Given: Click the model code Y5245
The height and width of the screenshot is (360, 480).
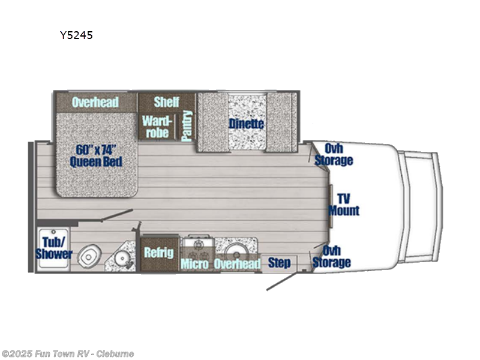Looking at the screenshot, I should click(76, 35).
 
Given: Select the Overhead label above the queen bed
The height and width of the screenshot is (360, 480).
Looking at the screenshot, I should click(95, 102).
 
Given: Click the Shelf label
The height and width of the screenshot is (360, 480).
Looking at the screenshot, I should click(166, 101).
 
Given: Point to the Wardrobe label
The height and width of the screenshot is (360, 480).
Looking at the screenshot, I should click(155, 127).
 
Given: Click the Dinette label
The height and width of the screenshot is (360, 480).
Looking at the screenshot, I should click(246, 124).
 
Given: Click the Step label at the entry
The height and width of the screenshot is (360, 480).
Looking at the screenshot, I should click(279, 263).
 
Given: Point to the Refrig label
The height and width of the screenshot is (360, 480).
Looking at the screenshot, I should click(158, 253).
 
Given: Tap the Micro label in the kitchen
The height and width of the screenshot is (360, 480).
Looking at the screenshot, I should click(194, 264).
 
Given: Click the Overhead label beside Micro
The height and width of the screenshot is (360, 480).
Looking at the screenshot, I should click(237, 264).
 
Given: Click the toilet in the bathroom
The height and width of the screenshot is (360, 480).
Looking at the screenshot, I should click(90, 256).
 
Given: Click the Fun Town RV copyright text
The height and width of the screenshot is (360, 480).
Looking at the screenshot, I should click(67, 353).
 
